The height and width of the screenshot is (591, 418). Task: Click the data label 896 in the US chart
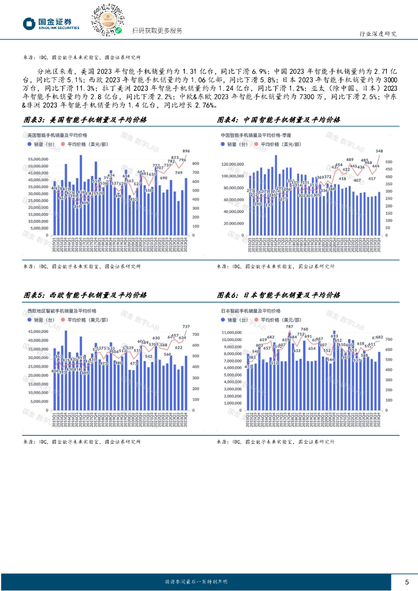[186, 151]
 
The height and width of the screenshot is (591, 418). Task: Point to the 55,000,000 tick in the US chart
[38, 158]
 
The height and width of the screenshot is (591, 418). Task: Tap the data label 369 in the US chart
[77, 206]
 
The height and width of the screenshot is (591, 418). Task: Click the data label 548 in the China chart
[379, 151]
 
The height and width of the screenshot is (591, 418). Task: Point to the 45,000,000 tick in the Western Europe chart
[38, 332]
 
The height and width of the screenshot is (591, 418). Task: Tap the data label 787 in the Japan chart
[289, 327]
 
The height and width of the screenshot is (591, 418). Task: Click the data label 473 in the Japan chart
[249, 366]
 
